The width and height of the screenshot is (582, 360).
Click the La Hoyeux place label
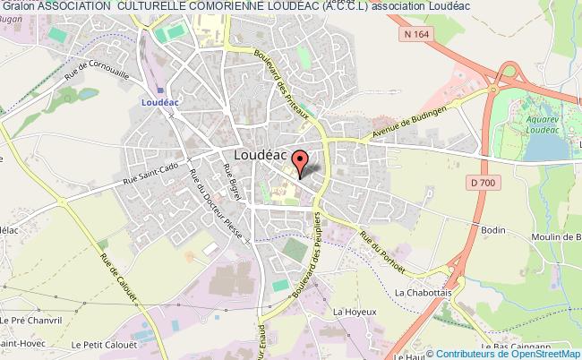(x=351, y=311)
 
